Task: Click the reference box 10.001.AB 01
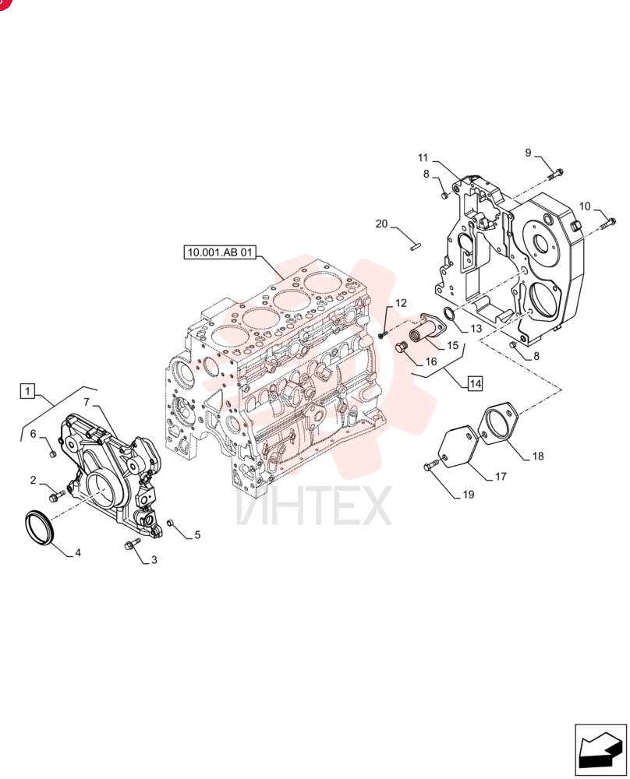point(219,252)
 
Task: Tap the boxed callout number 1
point(27,391)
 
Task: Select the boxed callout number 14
point(475,383)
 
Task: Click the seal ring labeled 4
point(37,527)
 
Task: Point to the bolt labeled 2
point(58,495)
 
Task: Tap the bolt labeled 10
point(608,224)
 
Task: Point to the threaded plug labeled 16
point(402,347)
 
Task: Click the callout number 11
point(423,158)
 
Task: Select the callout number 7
point(87,401)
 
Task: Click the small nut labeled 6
point(52,454)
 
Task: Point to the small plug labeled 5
point(169,523)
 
